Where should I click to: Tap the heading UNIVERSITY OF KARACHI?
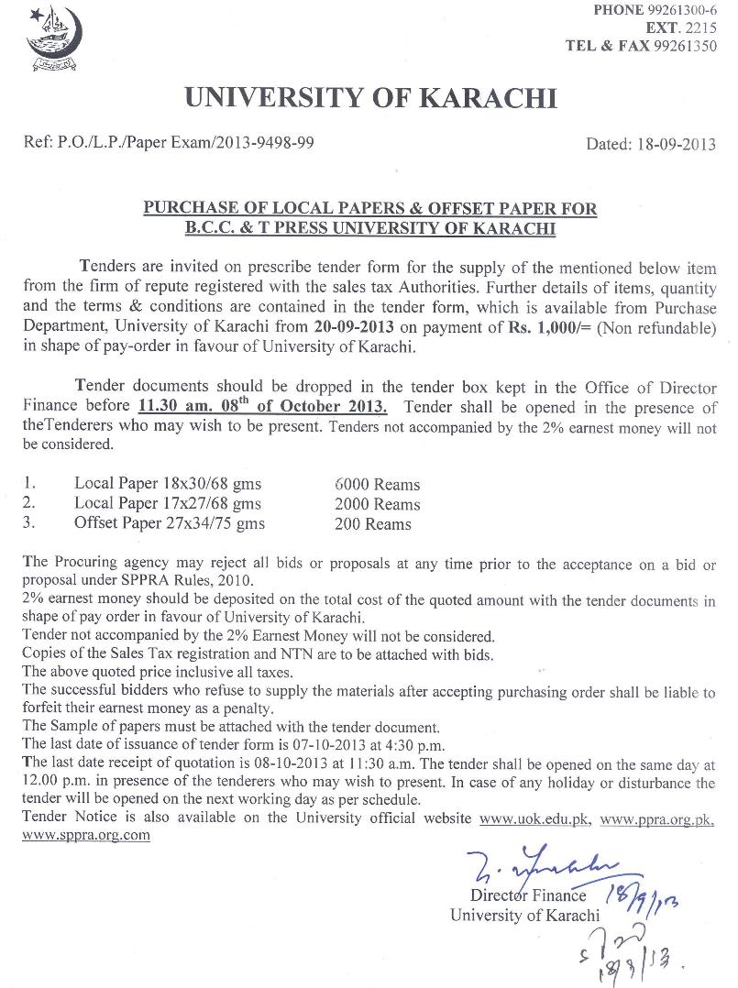coord(370,98)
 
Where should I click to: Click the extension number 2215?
coord(701,28)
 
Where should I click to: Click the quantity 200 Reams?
coord(374,524)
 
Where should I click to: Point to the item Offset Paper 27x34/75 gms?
coord(170,523)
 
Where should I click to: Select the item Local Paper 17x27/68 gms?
coord(168,503)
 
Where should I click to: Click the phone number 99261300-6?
coord(679,10)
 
